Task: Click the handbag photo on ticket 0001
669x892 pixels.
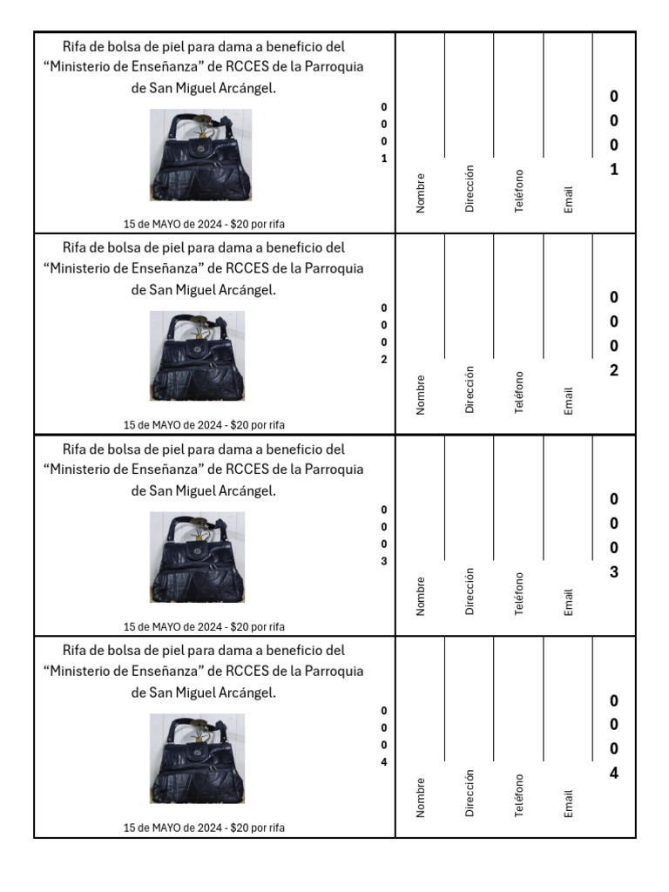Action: click(200, 155)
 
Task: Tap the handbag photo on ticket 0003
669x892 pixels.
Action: click(197, 557)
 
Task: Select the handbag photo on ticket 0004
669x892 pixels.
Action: click(197, 759)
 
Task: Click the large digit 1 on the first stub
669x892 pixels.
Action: click(614, 170)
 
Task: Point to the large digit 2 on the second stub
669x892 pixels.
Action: click(614, 370)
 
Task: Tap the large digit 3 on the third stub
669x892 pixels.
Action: click(614, 571)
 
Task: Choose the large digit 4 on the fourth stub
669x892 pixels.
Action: click(614, 774)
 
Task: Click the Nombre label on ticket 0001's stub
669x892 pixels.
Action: click(421, 193)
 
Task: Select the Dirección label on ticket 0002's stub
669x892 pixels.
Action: click(470, 389)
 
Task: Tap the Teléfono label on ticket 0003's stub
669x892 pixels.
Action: click(519, 593)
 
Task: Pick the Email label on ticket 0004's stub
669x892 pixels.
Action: click(568, 803)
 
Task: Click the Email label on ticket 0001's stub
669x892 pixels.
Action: click(568, 199)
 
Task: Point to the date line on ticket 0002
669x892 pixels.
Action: click(204, 425)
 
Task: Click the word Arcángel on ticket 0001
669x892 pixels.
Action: click(247, 88)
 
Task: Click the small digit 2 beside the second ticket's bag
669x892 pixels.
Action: click(384, 360)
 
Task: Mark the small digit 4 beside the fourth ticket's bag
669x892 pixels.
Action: click(384, 762)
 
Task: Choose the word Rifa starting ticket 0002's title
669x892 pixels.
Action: click(73, 247)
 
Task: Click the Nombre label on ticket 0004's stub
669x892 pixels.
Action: click(421, 798)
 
